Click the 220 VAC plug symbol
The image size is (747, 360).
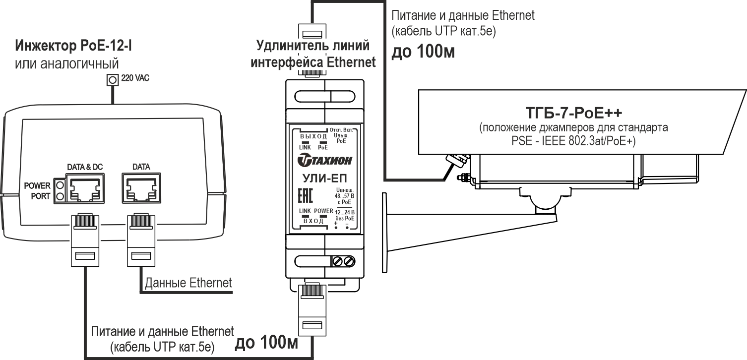113,79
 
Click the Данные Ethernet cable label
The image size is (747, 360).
188,283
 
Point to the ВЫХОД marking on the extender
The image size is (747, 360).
314,135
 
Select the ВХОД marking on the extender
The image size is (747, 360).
313,221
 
